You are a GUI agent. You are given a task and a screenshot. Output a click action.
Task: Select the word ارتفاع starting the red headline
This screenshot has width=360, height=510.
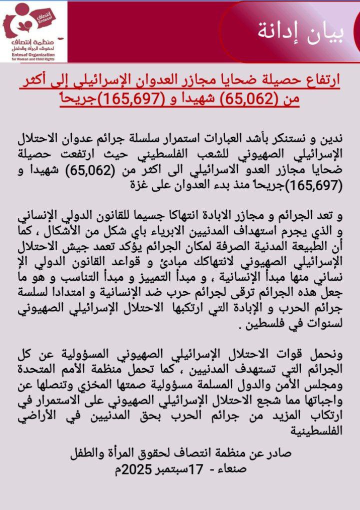pos(321,80)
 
